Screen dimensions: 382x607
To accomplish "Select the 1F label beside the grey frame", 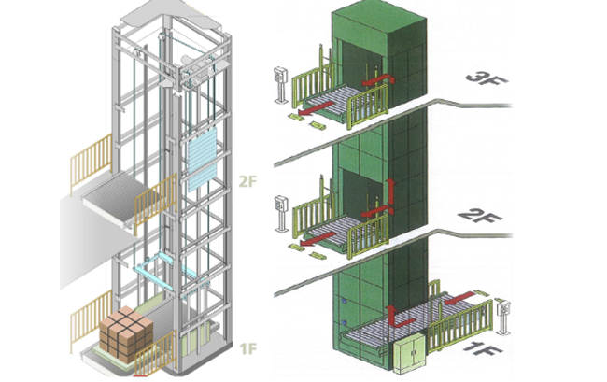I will (x=248, y=349).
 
